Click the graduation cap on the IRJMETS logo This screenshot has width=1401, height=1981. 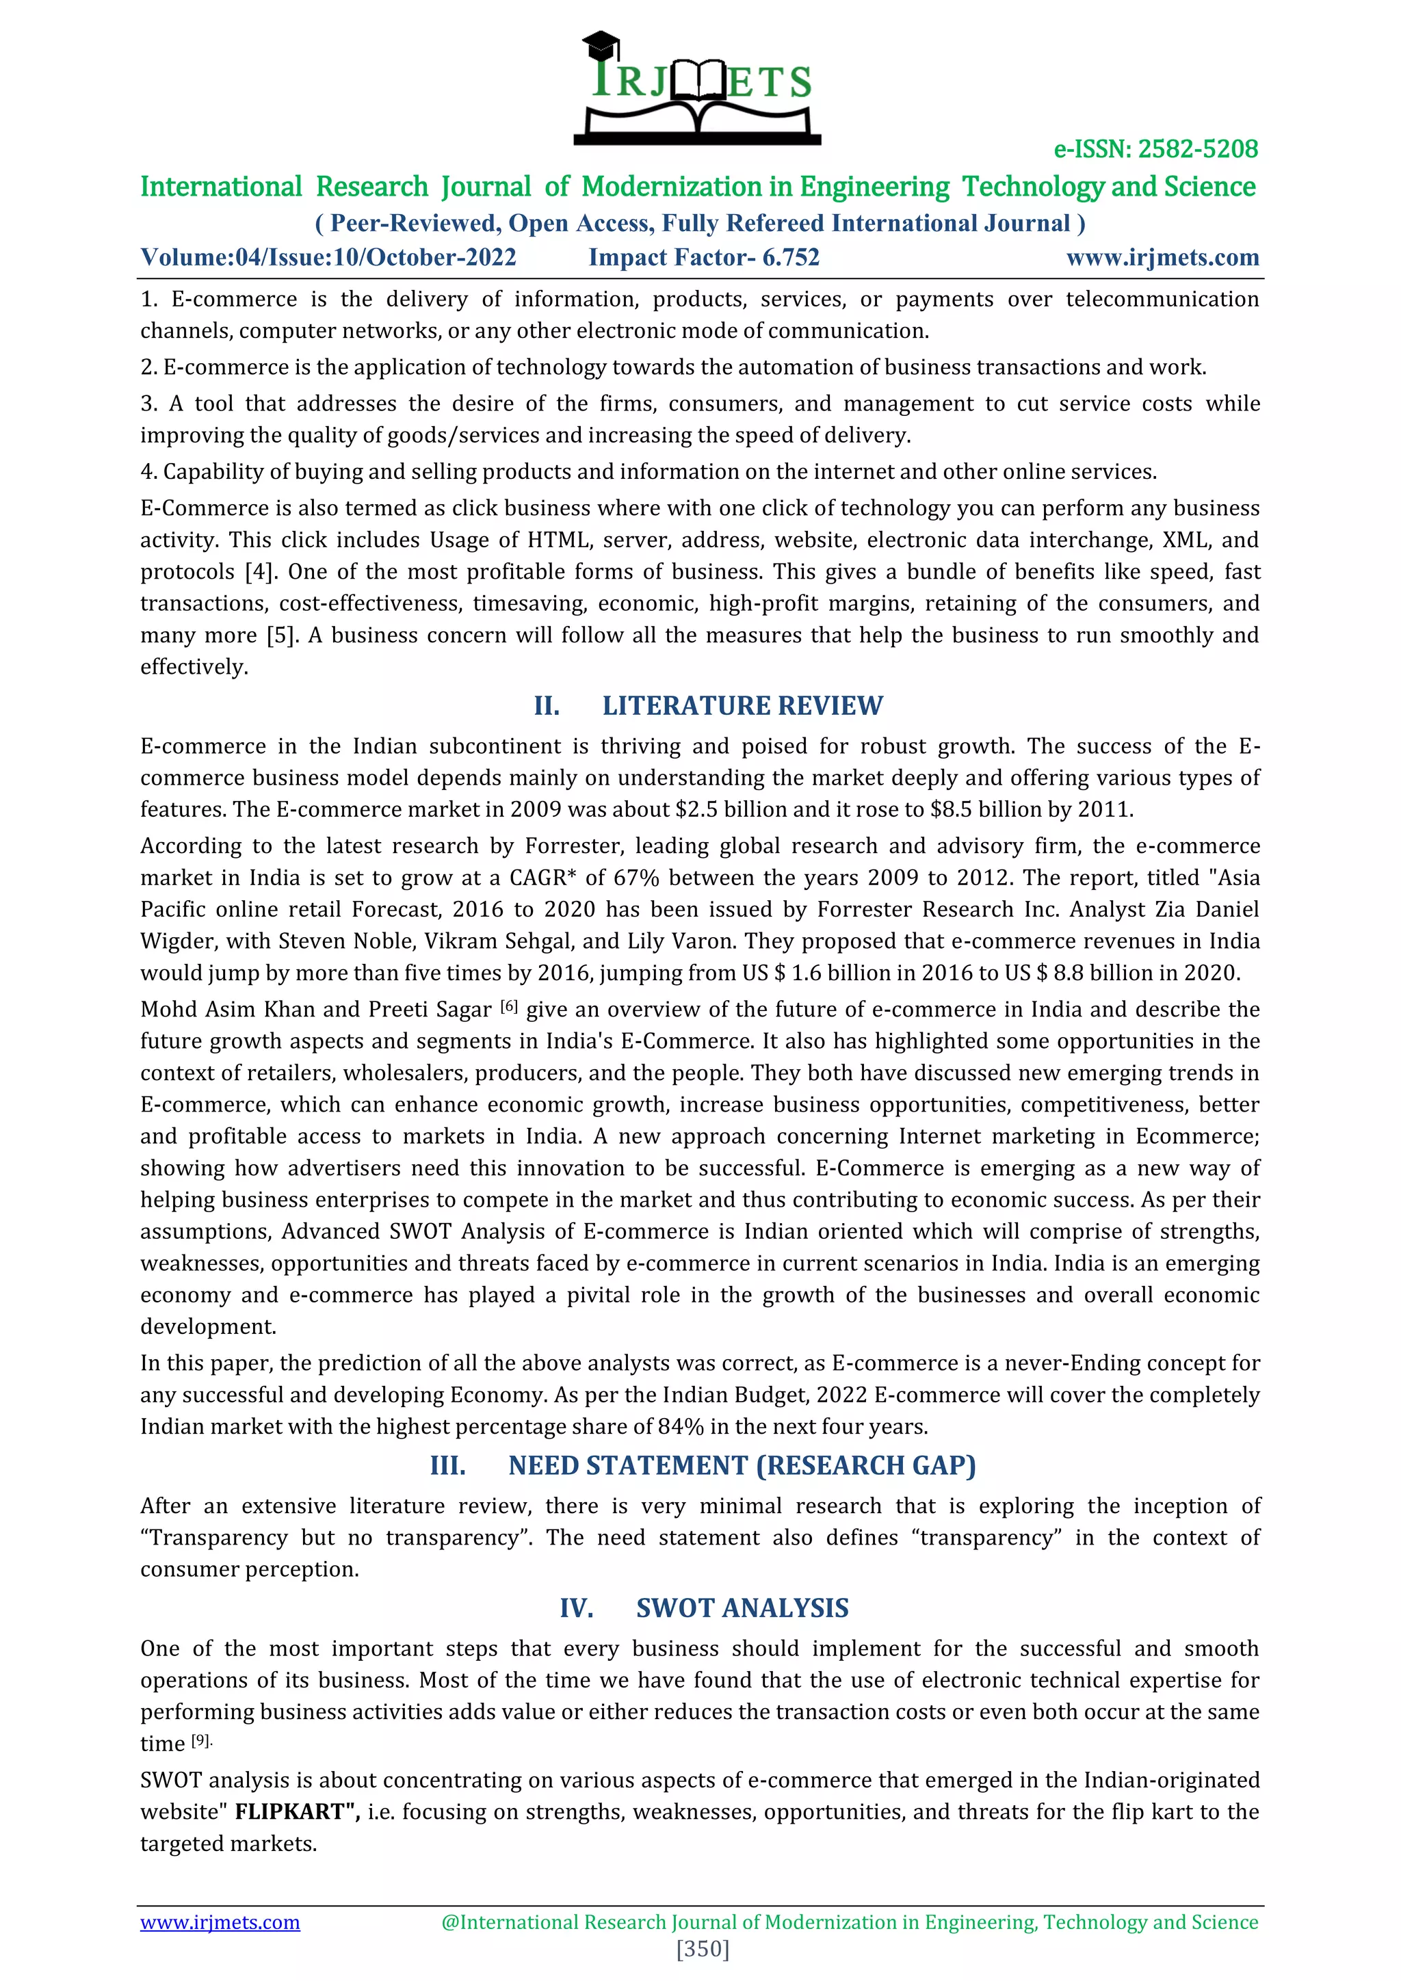(x=601, y=44)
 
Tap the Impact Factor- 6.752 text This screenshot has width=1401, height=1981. (x=704, y=257)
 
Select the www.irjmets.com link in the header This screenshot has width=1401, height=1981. (x=1162, y=257)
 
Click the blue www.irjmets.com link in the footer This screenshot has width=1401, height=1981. (x=220, y=1922)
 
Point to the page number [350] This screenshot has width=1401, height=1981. (x=703, y=1949)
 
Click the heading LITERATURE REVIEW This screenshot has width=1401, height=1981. (x=742, y=706)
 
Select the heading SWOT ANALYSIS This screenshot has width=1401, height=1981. (x=742, y=1608)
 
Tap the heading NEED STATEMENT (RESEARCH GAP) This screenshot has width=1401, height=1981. (x=742, y=1466)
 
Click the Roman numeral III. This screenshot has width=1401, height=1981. (x=448, y=1466)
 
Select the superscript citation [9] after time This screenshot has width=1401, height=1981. (x=200, y=1740)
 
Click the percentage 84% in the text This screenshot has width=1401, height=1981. (x=681, y=1427)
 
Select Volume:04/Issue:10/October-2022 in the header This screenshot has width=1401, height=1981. (x=328, y=257)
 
